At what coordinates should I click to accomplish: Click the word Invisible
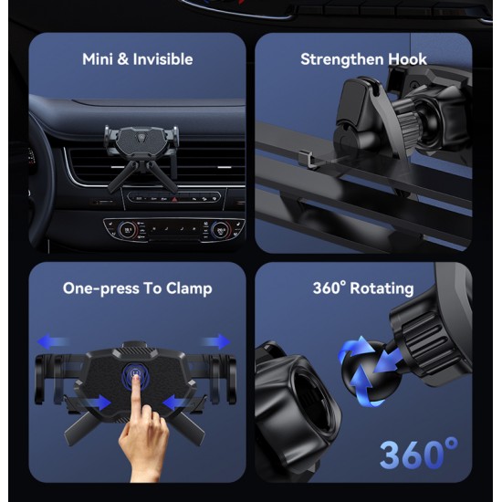pos(163,59)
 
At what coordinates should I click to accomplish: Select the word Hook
pos(407,59)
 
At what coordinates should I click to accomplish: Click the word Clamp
pos(189,288)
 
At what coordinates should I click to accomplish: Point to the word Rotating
pos(382,288)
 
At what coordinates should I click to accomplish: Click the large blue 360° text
pos(419,454)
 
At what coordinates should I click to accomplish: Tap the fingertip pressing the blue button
pos(136,380)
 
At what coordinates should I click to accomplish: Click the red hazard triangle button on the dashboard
pos(174,199)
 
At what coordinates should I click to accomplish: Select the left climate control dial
pos(128,230)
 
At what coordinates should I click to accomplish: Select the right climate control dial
pos(220,230)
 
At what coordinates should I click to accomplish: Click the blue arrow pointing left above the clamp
pos(53,341)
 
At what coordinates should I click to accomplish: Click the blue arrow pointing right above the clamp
pos(215,341)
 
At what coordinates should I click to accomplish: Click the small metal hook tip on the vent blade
pos(307,158)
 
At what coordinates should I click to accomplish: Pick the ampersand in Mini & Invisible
pos(122,59)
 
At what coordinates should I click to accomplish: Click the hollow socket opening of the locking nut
pos(310,400)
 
